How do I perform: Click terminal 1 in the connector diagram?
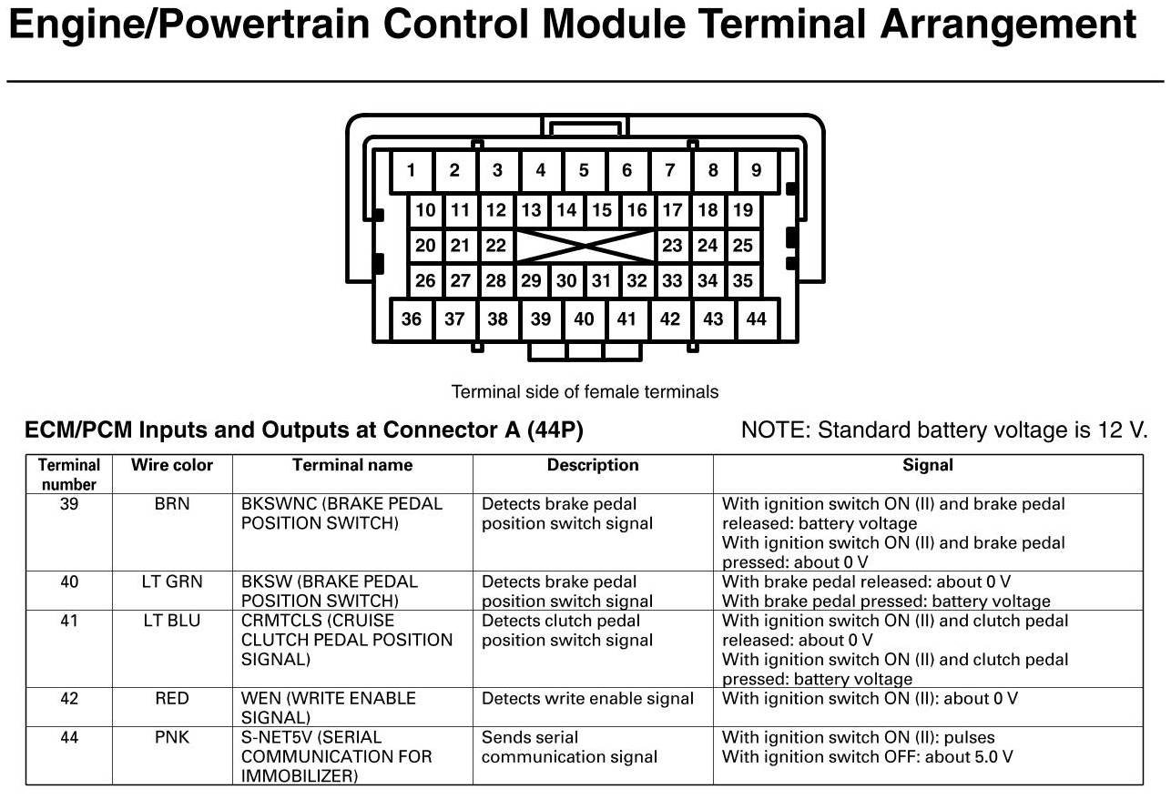tap(412, 170)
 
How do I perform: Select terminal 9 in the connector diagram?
tap(756, 170)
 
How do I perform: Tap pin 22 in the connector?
tap(495, 246)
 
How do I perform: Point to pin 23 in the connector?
tap(672, 246)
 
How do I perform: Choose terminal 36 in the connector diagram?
tap(412, 319)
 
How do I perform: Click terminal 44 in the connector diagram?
tap(756, 319)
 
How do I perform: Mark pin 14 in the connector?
tap(566, 210)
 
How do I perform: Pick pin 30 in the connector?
tap(566, 281)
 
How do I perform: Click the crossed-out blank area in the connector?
tap(584, 246)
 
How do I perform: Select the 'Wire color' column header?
tap(172, 465)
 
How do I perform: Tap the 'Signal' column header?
tap(927, 465)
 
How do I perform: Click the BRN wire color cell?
tap(172, 504)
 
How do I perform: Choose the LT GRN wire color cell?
tap(172, 582)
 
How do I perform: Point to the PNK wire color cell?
tap(172, 737)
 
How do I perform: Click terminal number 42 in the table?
tap(69, 699)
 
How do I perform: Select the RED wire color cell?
tap(172, 699)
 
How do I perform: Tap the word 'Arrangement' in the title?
tap(1008, 25)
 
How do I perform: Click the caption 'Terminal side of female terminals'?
tap(585, 392)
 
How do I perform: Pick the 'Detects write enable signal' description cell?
tap(587, 699)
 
